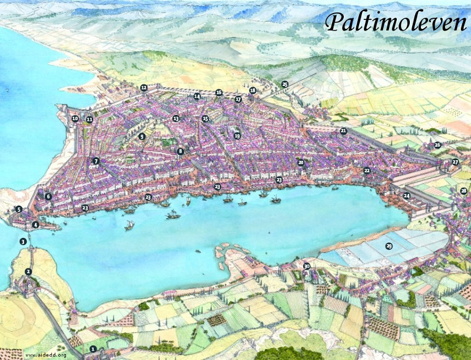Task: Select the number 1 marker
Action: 92,349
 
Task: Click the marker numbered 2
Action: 28,272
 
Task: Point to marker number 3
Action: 23,242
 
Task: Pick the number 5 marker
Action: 19,209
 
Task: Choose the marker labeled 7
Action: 96,161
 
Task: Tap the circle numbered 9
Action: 141,137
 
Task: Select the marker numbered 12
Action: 144,88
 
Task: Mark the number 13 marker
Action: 175,119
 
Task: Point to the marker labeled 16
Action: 218,93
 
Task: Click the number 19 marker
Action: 237,136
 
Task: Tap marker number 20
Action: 301,162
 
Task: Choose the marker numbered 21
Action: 343,131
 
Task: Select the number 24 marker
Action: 407,195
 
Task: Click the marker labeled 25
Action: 285,84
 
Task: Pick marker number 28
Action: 464,191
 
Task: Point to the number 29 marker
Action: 388,246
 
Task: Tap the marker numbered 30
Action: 306,266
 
